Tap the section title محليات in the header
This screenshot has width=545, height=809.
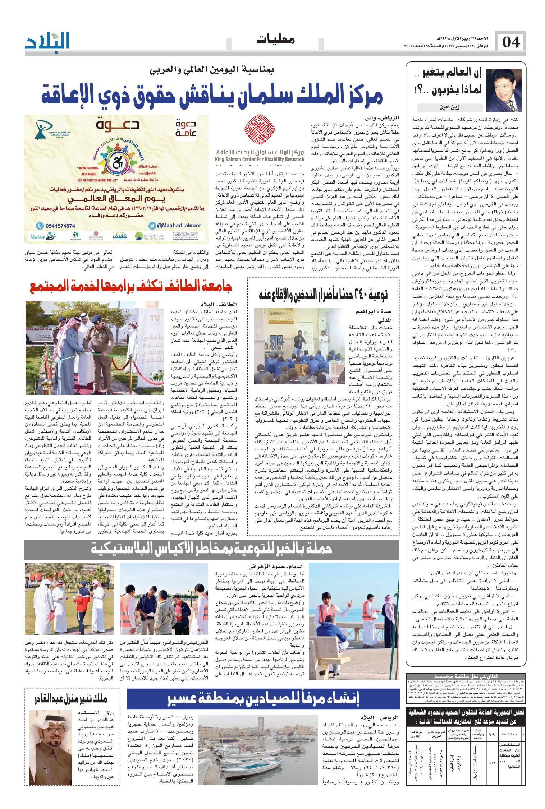pos(276,40)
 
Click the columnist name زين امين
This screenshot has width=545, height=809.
pos(448,107)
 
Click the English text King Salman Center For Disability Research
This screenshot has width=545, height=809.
pos(260,159)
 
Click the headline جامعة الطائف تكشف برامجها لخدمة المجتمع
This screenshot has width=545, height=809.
pos(131,286)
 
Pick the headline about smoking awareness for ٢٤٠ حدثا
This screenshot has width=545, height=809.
pos(323,295)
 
